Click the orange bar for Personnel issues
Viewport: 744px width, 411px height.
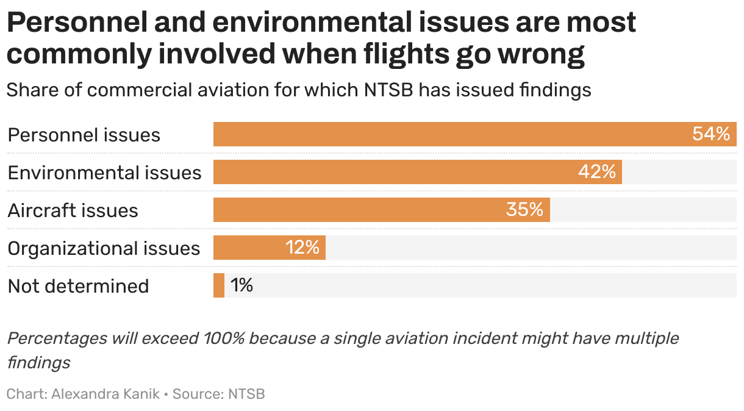tap(451, 134)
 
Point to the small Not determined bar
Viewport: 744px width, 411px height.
tap(219, 285)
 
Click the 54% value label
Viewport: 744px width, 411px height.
tap(710, 134)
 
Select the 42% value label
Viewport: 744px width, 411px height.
tap(596, 172)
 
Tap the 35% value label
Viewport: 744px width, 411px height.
tap(524, 210)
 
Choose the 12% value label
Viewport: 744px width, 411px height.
tap(302, 248)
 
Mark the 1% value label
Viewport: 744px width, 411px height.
tap(241, 285)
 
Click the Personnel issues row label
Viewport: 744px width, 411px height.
tap(84, 135)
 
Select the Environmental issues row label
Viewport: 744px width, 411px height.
tap(104, 173)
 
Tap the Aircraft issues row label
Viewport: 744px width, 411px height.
tap(73, 210)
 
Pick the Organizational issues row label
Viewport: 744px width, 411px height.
tap(104, 248)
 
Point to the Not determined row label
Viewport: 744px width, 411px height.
tap(78, 286)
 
